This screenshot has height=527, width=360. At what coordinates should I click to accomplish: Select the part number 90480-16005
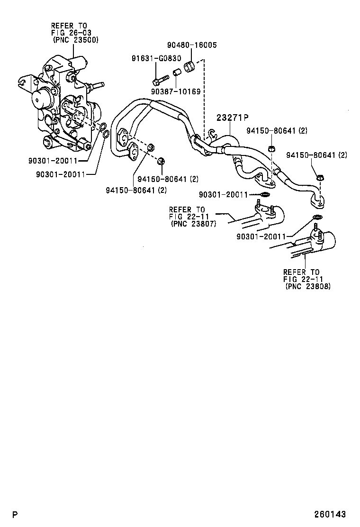(192, 45)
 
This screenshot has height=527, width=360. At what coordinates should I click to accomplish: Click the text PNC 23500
(76, 40)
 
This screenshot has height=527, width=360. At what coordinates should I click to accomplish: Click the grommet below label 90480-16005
(190, 67)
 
